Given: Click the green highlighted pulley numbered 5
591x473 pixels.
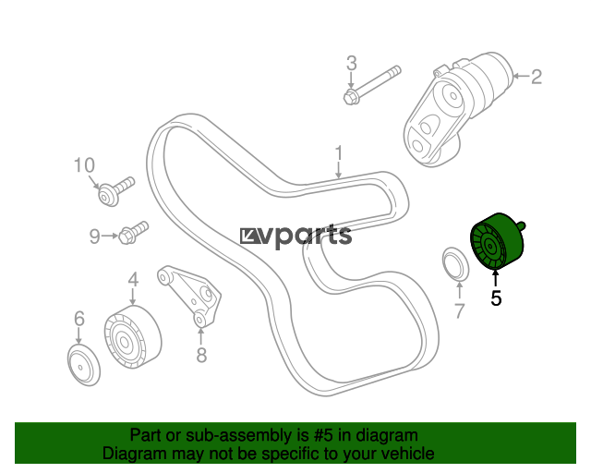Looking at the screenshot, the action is point(497,241).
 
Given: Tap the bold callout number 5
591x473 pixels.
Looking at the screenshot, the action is point(496,298).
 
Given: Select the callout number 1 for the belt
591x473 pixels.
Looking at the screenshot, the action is point(339,153).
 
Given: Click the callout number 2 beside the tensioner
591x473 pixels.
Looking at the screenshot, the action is point(537,77).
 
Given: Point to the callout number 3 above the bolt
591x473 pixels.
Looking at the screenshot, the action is point(351,63).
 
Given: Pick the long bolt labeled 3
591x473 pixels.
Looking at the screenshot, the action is point(372,85).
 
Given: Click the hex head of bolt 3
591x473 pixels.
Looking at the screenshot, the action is point(350,97).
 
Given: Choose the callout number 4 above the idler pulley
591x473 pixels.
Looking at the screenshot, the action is point(133,280).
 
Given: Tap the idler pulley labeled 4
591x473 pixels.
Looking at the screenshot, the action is point(133,337).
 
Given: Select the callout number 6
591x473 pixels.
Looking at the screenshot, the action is point(79,319).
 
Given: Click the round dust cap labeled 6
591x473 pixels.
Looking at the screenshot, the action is point(84,365).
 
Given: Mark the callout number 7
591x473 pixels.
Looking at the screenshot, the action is point(459,311).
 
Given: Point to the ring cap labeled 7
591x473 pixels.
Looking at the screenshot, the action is point(456,265).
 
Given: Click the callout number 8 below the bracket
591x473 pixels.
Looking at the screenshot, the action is point(201,355).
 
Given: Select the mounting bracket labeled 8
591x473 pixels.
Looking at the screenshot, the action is point(189,297).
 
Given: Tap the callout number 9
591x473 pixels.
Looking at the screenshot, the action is point(94,236).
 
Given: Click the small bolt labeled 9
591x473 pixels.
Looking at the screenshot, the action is point(133,233).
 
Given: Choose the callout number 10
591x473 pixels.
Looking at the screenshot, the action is point(84,165).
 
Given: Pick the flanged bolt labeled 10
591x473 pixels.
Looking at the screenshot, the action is point(116,191).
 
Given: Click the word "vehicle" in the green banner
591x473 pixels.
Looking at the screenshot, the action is point(406,454).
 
